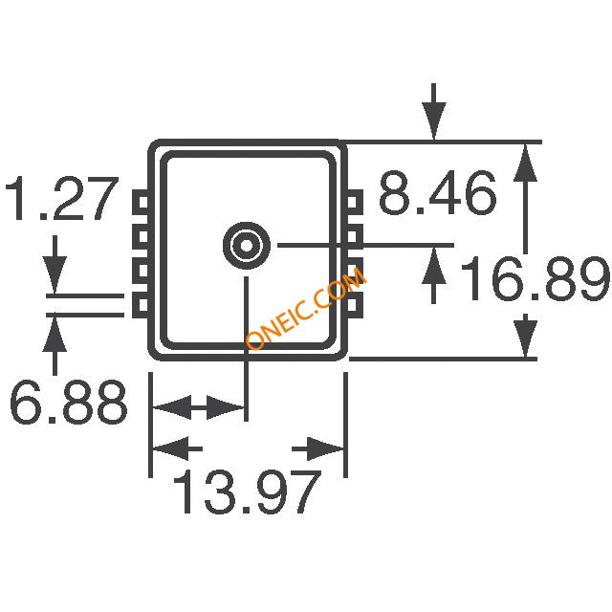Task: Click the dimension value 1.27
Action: point(61,198)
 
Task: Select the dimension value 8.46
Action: point(438,193)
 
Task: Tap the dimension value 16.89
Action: point(535,278)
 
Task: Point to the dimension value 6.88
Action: point(68,402)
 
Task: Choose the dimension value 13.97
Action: point(247,492)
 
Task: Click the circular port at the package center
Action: point(247,246)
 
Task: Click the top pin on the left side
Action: point(141,202)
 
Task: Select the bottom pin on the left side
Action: point(141,305)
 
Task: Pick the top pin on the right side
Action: point(354,202)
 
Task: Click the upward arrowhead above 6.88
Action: point(55,335)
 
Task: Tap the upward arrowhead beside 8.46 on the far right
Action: point(525,164)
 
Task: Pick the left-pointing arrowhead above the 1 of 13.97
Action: point(171,448)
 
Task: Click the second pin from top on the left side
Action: point(141,236)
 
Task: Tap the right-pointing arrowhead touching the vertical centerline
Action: point(225,407)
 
